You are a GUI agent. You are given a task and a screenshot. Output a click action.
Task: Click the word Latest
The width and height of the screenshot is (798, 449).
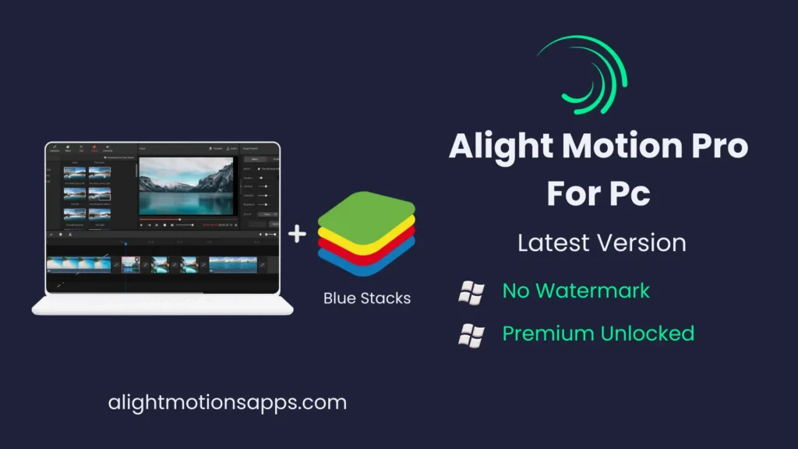[x=558, y=242]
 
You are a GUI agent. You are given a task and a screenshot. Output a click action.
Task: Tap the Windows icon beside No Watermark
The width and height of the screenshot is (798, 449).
[x=471, y=292]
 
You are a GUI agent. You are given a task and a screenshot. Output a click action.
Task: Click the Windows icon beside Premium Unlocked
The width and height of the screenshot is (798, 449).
[x=471, y=334]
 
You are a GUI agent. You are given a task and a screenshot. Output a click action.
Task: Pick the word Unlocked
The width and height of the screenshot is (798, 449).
[x=647, y=334]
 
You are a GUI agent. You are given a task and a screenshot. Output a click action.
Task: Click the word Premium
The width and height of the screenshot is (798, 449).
[x=547, y=334]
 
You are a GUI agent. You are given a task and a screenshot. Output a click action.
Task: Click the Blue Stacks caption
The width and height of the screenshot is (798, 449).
[x=367, y=299]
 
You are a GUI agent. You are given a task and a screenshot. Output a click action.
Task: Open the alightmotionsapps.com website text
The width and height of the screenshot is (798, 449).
[x=227, y=403]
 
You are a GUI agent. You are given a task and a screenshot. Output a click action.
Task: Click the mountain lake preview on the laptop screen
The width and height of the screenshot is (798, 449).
[x=186, y=186]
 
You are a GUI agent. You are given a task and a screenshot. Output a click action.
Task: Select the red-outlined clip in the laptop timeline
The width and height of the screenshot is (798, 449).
[x=131, y=265]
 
